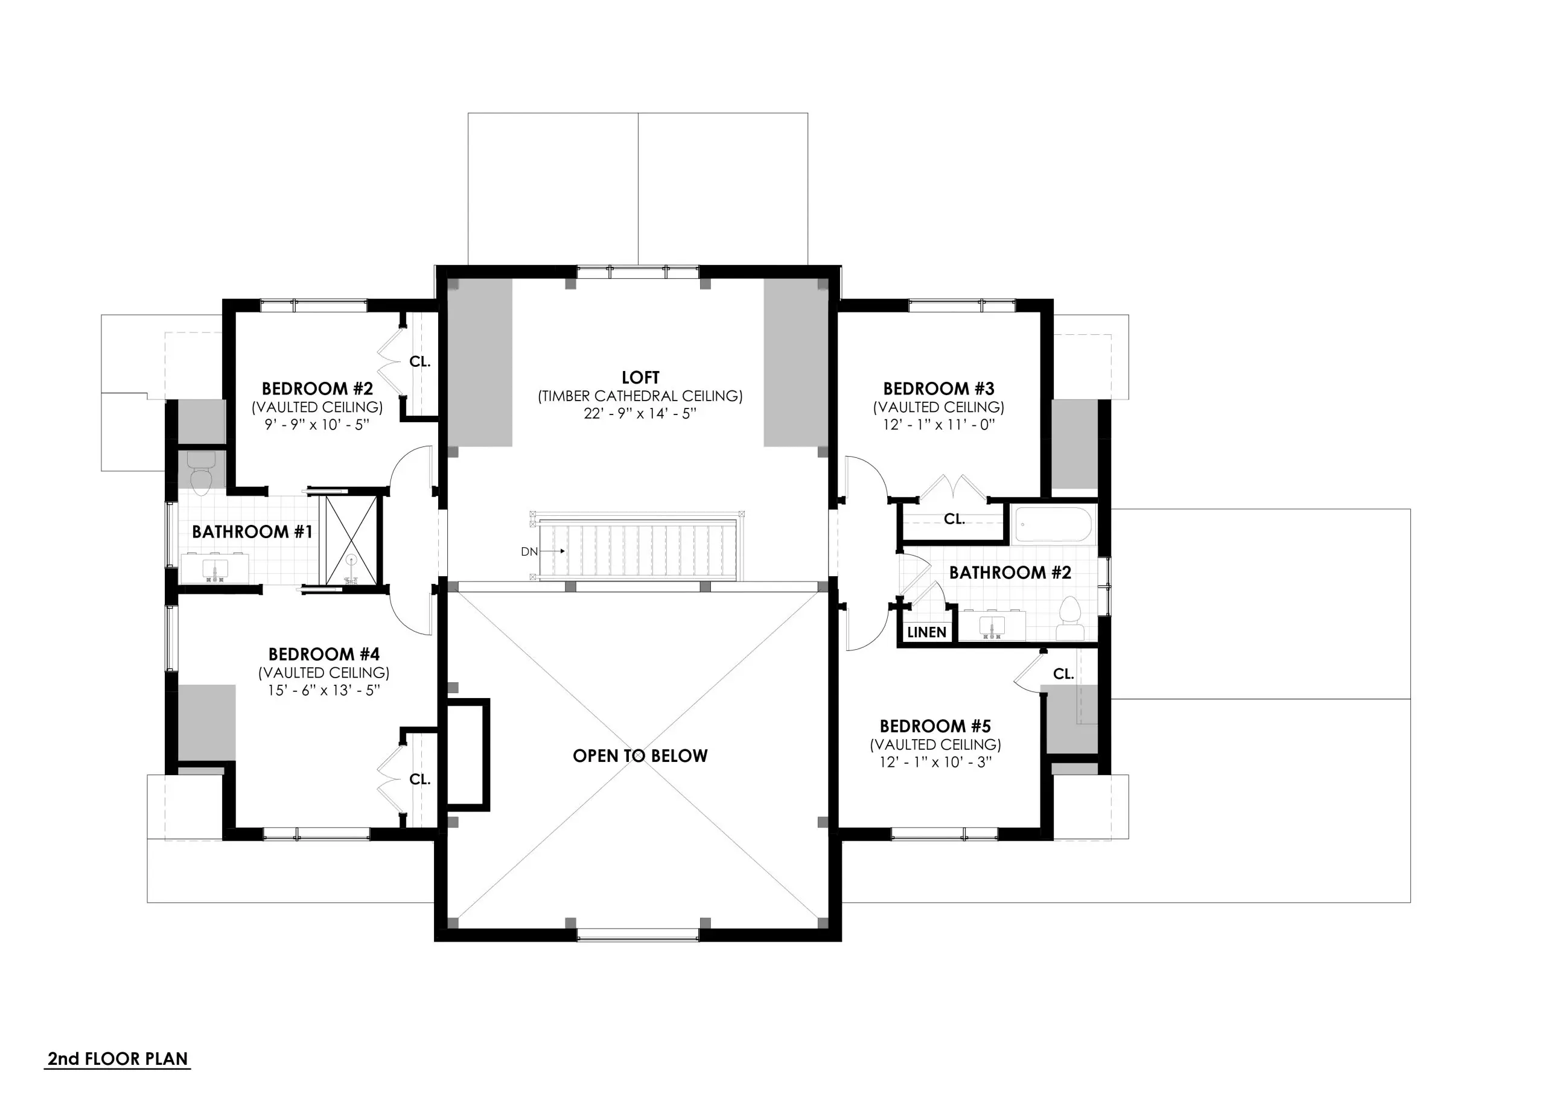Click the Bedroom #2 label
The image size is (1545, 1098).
click(x=317, y=389)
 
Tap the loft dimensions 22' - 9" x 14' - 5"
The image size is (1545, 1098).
click(x=640, y=414)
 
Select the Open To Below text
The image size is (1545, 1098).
click(x=640, y=756)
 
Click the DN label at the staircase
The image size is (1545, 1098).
click(x=529, y=551)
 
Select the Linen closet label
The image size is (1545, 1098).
click(x=926, y=632)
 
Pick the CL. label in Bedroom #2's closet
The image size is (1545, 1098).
click(x=420, y=362)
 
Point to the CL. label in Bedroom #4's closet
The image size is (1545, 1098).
click(x=420, y=779)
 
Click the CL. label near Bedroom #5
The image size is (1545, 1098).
click(x=1063, y=674)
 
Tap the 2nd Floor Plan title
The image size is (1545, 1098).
click(x=118, y=1059)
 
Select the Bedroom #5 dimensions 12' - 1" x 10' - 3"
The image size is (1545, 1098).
click(x=935, y=762)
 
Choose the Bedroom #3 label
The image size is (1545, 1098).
click(x=938, y=389)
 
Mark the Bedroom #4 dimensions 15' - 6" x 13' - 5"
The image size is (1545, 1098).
click(x=323, y=690)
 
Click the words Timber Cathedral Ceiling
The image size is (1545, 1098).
click(x=640, y=396)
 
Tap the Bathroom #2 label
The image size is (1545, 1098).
click(x=1010, y=573)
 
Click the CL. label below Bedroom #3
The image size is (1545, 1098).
click(x=954, y=519)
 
